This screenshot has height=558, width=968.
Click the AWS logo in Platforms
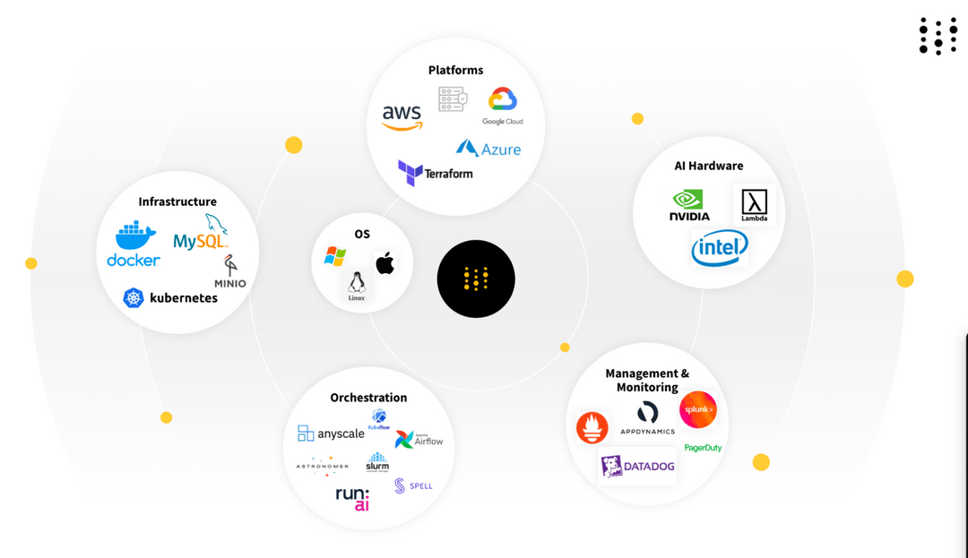[402, 116]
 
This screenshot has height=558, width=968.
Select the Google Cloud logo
[502, 105]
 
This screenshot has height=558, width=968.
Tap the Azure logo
[488, 149]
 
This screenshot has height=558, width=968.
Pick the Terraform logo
[436, 172]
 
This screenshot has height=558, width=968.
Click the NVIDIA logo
[689, 205]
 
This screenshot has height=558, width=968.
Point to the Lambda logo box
[754, 205]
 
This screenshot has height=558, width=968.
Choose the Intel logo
[719, 247]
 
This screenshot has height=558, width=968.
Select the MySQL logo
[202, 235]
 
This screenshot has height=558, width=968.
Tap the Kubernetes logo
[170, 297]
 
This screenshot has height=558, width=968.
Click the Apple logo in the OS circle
[385, 263]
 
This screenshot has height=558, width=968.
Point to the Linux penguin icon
[357, 286]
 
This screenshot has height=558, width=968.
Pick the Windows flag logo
[335, 257]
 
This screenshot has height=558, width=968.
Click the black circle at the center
[476, 279]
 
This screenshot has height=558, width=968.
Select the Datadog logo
[638, 466]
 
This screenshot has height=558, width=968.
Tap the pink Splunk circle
[697, 410]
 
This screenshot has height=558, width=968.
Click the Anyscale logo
[331, 434]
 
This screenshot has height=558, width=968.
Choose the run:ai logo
[352, 499]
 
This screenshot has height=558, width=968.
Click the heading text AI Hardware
[708, 166]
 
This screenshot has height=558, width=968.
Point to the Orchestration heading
[368, 398]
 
